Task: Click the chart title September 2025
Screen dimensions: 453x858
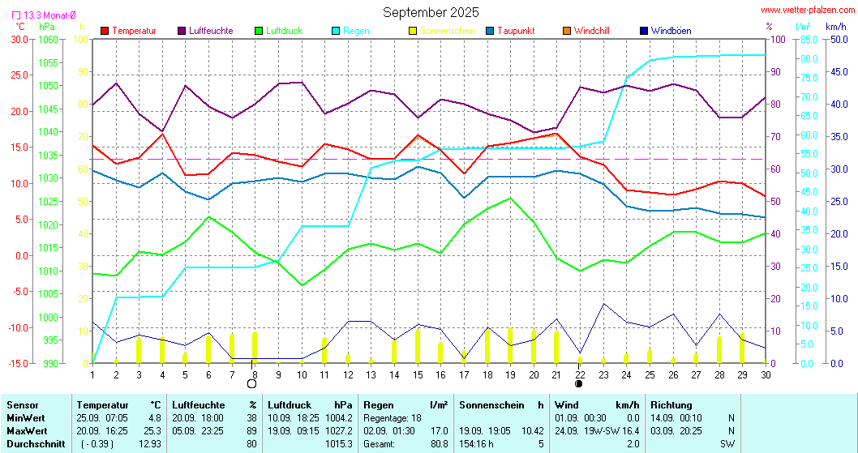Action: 431,12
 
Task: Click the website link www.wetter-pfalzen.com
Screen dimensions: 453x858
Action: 807,11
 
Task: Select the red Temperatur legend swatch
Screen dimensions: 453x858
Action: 105,31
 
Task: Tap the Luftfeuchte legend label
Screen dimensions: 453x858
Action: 210,31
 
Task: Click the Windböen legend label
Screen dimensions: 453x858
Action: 671,31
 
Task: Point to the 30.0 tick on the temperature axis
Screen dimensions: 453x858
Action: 21,39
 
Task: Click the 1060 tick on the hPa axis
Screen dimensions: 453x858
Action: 48,39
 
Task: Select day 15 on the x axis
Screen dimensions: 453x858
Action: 418,374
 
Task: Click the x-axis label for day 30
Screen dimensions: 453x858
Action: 765,374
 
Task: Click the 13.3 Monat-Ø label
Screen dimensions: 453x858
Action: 45,15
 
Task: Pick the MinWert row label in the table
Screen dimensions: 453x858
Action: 25,417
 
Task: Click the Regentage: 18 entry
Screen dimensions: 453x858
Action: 393,417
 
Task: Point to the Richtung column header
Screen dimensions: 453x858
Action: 671,404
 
